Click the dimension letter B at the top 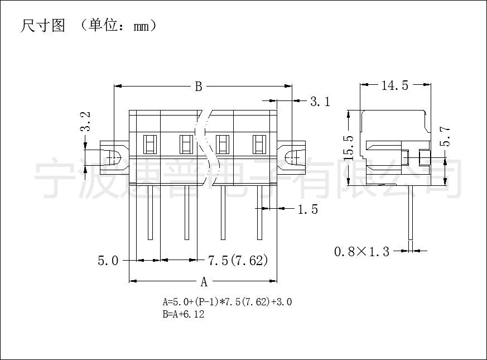coord(199,87)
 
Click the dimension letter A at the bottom coord(204,282)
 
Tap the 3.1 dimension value coord(320,102)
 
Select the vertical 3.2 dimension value coord(85,122)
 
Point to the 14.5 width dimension coord(395,85)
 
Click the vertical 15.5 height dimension coord(349,148)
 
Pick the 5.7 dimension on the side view coord(445,136)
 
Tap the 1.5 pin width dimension coord(308,209)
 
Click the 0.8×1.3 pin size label coord(361,251)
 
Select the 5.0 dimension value coord(108,261)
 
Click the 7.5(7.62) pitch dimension coord(238,261)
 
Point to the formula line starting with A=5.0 coord(227,301)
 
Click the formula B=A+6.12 coord(184,314)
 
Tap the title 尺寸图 coord(43,26)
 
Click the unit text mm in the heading coord(141,27)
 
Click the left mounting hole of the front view coord(114,157)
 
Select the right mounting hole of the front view coord(292,157)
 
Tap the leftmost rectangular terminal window coord(150,144)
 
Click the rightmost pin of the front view coord(259,212)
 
